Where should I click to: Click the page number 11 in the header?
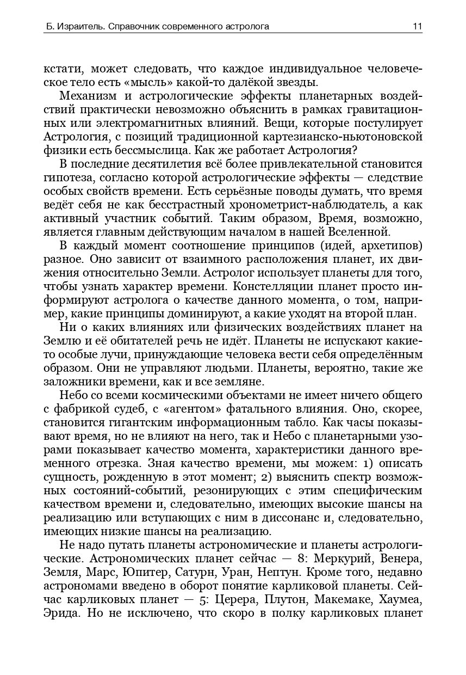click(417, 26)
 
